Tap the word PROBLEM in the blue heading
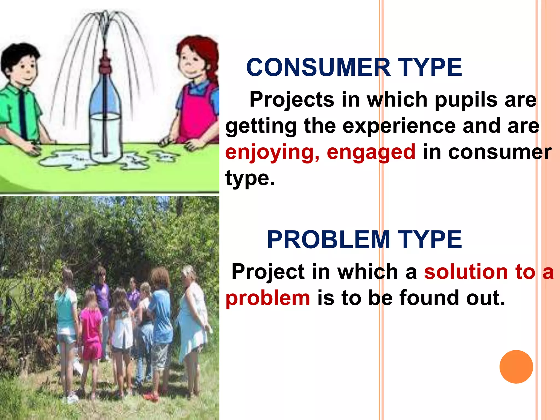pyautogui.click(x=328, y=240)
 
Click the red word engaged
pyautogui.click(x=371, y=152)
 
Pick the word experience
pyautogui.click(x=399, y=126)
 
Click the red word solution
pyautogui.click(x=466, y=272)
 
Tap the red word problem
pyautogui.click(x=268, y=298)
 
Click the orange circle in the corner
pyautogui.click(x=516, y=367)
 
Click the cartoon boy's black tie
pyautogui.click(x=23, y=115)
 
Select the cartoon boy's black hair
pyautogui.click(x=19, y=55)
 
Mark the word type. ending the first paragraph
pyautogui.click(x=250, y=178)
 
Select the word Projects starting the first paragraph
pyautogui.click(x=291, y=100)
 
